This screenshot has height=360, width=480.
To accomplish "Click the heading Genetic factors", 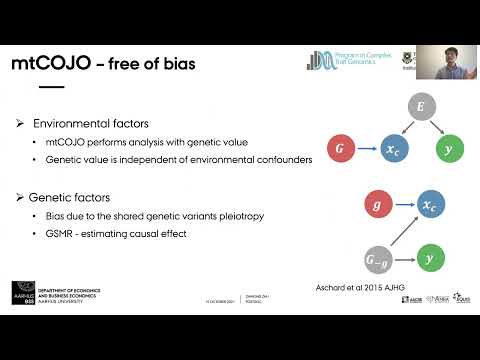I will click(69, 198).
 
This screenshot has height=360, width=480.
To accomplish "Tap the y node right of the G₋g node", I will click(430, 257).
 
